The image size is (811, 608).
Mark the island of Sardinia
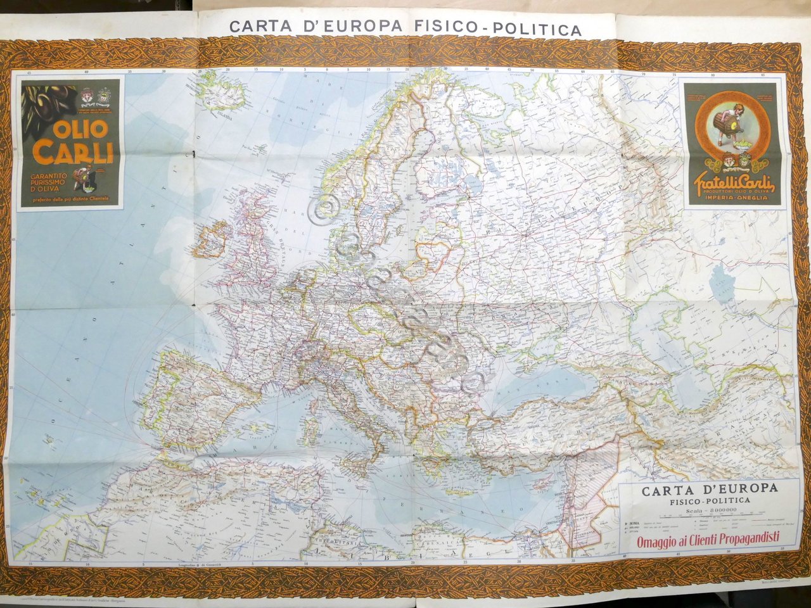[309, 430]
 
